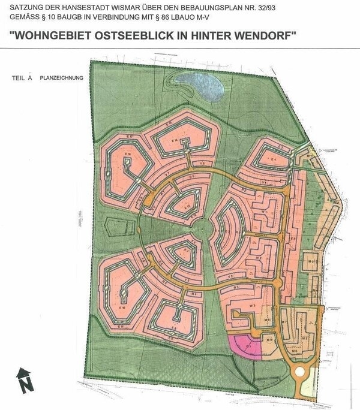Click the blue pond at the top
(205, 90)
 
